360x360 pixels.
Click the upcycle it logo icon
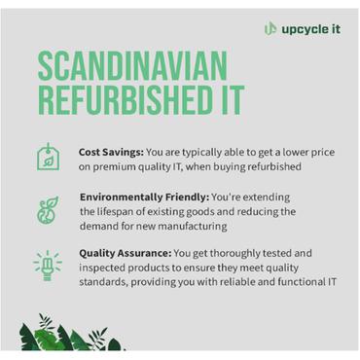270,28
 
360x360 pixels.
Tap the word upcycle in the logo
304,28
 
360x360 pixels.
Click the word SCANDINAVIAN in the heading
133,67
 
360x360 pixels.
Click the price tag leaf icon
45,157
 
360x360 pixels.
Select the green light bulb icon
45,264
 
